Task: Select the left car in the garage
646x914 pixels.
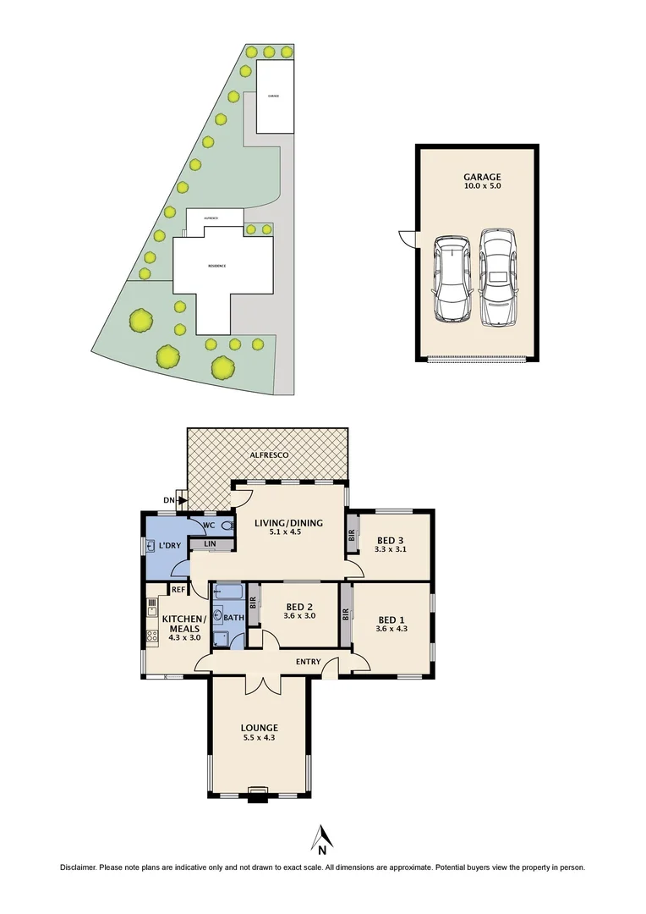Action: [x=452, y=279]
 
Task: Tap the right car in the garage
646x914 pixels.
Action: [x=497, y=278]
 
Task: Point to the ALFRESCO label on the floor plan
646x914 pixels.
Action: [x=269, y=455]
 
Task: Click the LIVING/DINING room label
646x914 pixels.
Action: [x=288, y=523]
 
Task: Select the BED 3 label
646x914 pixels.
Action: [x=391, y=539]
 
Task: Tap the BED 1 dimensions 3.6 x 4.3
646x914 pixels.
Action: [x=391, y=629]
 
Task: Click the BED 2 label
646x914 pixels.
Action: [x=300, y=606]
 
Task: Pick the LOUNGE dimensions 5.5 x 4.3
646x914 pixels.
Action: [x=259, y=738]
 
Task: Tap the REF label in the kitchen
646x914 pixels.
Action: [x=178, y=590]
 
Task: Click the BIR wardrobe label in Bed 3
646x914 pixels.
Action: [x=352, y=535]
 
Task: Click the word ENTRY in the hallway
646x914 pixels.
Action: [x=308, y=662]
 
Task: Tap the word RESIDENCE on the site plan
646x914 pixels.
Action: [x=217, y=266]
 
